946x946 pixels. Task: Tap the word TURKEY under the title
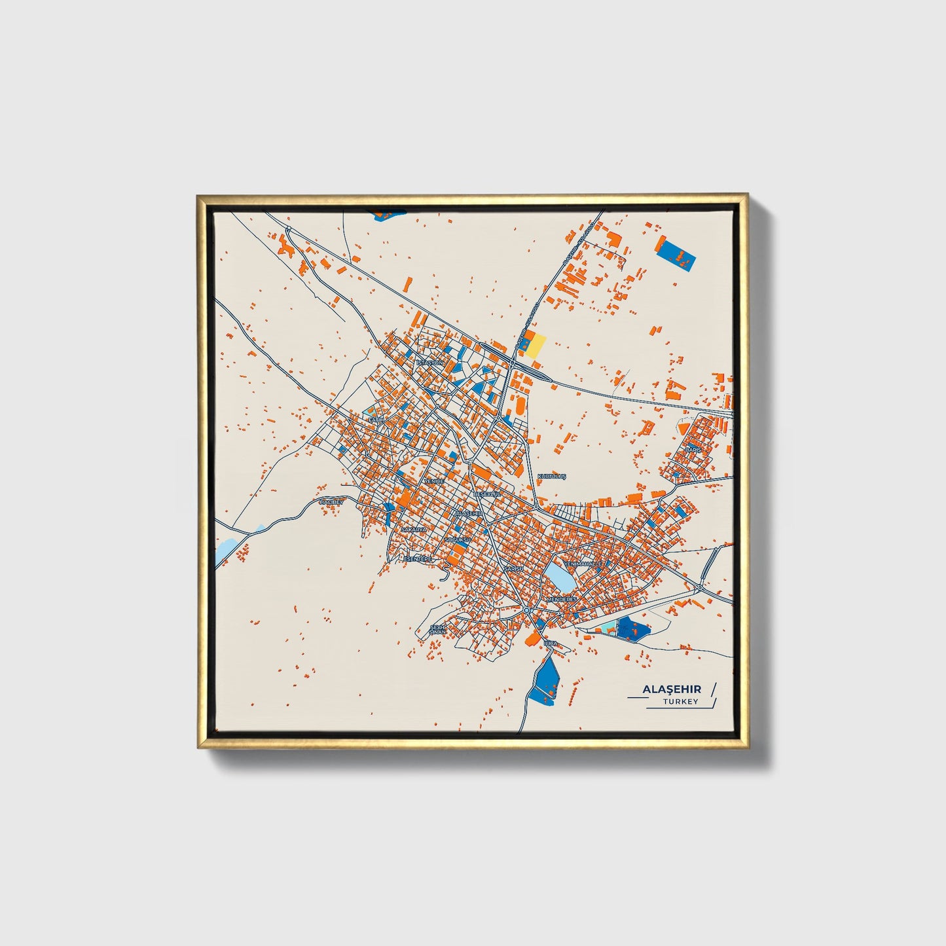680,702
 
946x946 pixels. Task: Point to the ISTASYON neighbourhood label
430,362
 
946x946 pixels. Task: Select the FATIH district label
375,419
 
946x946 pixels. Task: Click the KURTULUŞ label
551,476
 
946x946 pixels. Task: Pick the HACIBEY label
331,501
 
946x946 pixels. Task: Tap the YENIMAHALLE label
583,563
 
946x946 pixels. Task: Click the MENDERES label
561,599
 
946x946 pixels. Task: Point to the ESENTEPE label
418,558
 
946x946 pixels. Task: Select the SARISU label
514,570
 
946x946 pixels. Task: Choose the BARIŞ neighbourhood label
693,450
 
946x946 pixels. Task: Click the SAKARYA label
414,529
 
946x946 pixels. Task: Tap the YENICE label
434,481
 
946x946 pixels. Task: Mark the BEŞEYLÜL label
487,494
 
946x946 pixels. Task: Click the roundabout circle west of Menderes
526,610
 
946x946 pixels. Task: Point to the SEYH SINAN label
437,629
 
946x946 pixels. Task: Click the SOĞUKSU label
458,539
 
